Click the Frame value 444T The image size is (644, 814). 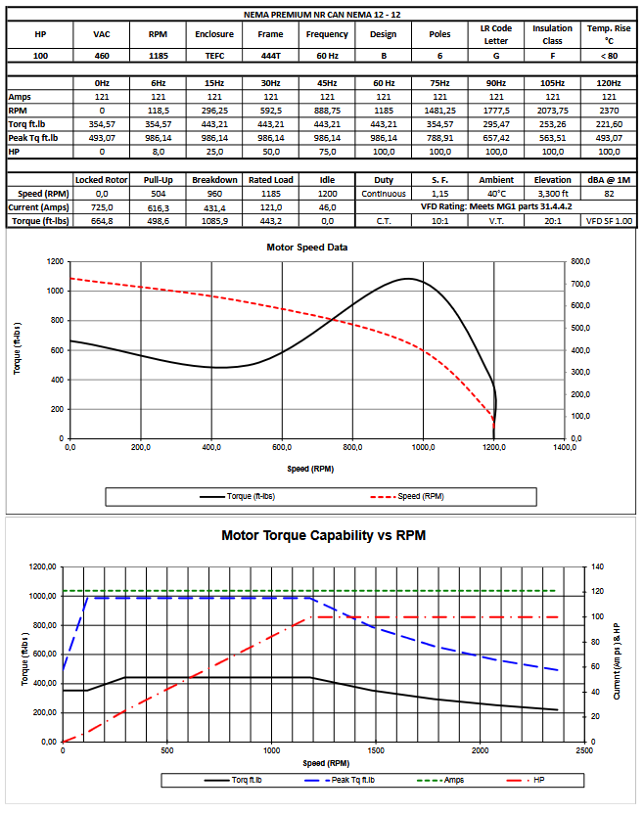[x=270, y=56]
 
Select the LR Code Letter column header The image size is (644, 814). [x=496, y=34]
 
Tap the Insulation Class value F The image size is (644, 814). [x=553, y=56]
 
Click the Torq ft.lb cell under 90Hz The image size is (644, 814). [x=496, y=124]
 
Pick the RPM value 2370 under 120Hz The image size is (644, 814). [x=609, y=111]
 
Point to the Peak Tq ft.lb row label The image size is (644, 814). [x=33, y=138]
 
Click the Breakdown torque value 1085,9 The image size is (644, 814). [x=214, y=221]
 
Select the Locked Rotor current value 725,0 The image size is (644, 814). [x=102, y=207]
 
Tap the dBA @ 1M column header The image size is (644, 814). [x=609, y=180]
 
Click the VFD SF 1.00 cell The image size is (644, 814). [x=609, y=221]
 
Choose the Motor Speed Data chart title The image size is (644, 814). [x=307, y=248]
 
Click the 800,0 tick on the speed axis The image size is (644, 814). [x=352, y=447]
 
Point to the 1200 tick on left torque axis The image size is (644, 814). [x=55, y=261]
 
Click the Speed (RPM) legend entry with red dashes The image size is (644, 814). [x=407, y=496]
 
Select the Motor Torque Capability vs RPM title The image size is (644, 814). [x=324, y=535]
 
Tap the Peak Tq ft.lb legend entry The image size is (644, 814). [x=340, y=780]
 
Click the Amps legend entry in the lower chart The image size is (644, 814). [x=440, y=780]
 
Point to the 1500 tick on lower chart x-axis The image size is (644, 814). [x=376, y=750]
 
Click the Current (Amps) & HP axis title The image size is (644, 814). [x=617, y=660]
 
